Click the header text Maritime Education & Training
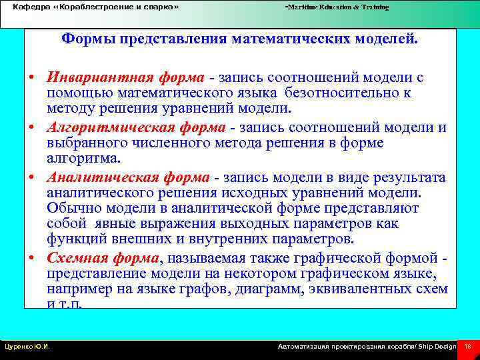pos(337,7)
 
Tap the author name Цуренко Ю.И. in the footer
pos(28,347)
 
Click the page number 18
pos(468,347)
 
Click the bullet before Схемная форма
pos(32,258)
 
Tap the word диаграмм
pos(296,289)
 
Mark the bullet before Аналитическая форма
pos(32,178)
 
